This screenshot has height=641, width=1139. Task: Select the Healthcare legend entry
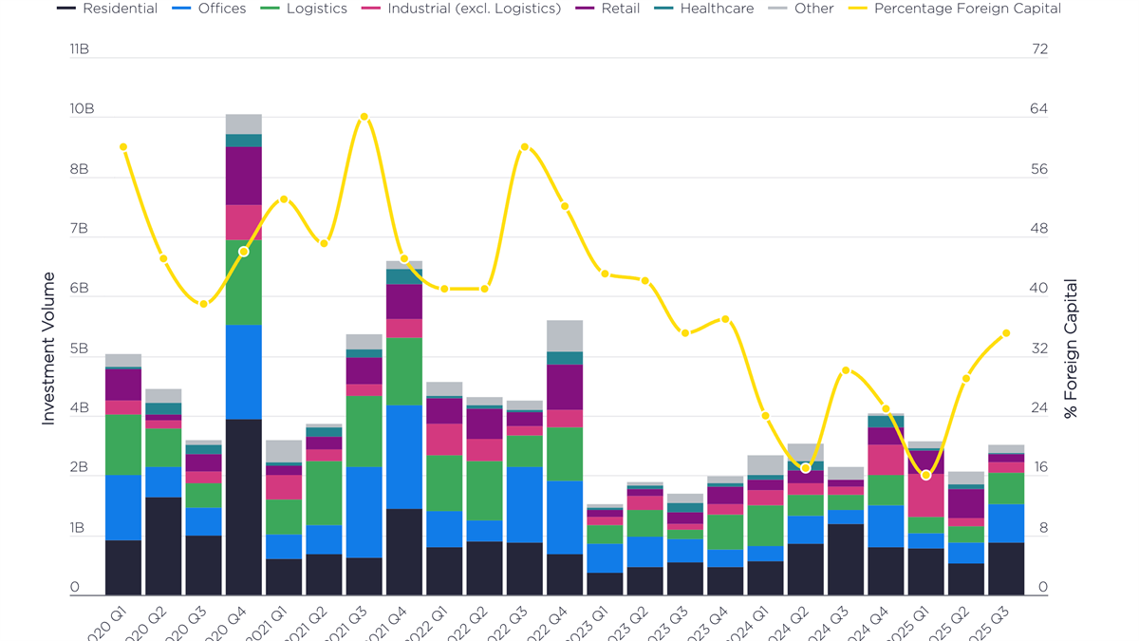click(x=707, y=9)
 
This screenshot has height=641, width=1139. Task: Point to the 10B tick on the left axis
click(x=82, y=109)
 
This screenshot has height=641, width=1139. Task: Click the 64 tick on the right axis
click(x=1039, y=109)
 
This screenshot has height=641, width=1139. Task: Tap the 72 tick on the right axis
click(x=1039, y=49)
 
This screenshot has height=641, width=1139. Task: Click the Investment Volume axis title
click(x=48, y=349)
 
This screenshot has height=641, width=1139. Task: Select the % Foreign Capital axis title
click(x=1071, y=349)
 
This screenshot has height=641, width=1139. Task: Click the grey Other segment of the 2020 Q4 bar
click(x=244, y=124)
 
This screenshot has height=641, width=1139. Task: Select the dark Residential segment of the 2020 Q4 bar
click(x=244, y=507)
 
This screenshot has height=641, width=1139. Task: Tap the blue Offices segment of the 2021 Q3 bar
click(x=364, y=512)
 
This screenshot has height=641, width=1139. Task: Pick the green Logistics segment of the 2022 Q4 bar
click(x=566, y=454)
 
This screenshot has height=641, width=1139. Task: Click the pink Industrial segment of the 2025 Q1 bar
click(x=926, y=495)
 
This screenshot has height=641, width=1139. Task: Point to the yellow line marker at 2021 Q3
click(x=364, y=117)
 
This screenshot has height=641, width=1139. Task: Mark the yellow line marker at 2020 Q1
click(x=123, y=147)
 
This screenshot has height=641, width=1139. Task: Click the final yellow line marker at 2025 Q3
click(x=1006, y=333)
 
